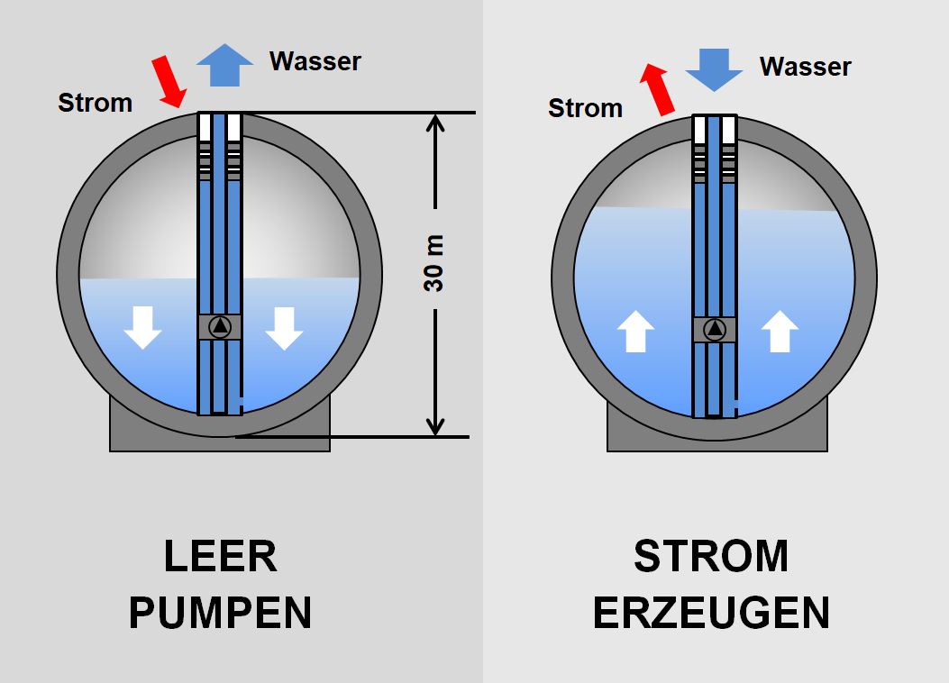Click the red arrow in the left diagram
pos(169,80)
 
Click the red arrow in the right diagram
pos(658,89)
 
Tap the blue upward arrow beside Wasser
pos(225,63)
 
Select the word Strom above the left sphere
pos(95,103)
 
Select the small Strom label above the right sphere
pos(585,108)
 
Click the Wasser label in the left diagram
pos(315,61)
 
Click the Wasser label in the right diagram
pos(805,67)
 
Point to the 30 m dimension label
pos(434,263)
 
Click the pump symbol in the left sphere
pos(220,327)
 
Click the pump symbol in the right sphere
pos(715,330)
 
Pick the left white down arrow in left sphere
pos(142,327)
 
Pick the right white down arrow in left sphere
pos(284,327)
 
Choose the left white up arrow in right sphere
pos(635,331)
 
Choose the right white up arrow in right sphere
pos(780,331)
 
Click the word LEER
pos(221,557)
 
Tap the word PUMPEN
pos(220,613)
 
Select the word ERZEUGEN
pos(711,613)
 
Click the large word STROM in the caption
pos(711,557)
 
